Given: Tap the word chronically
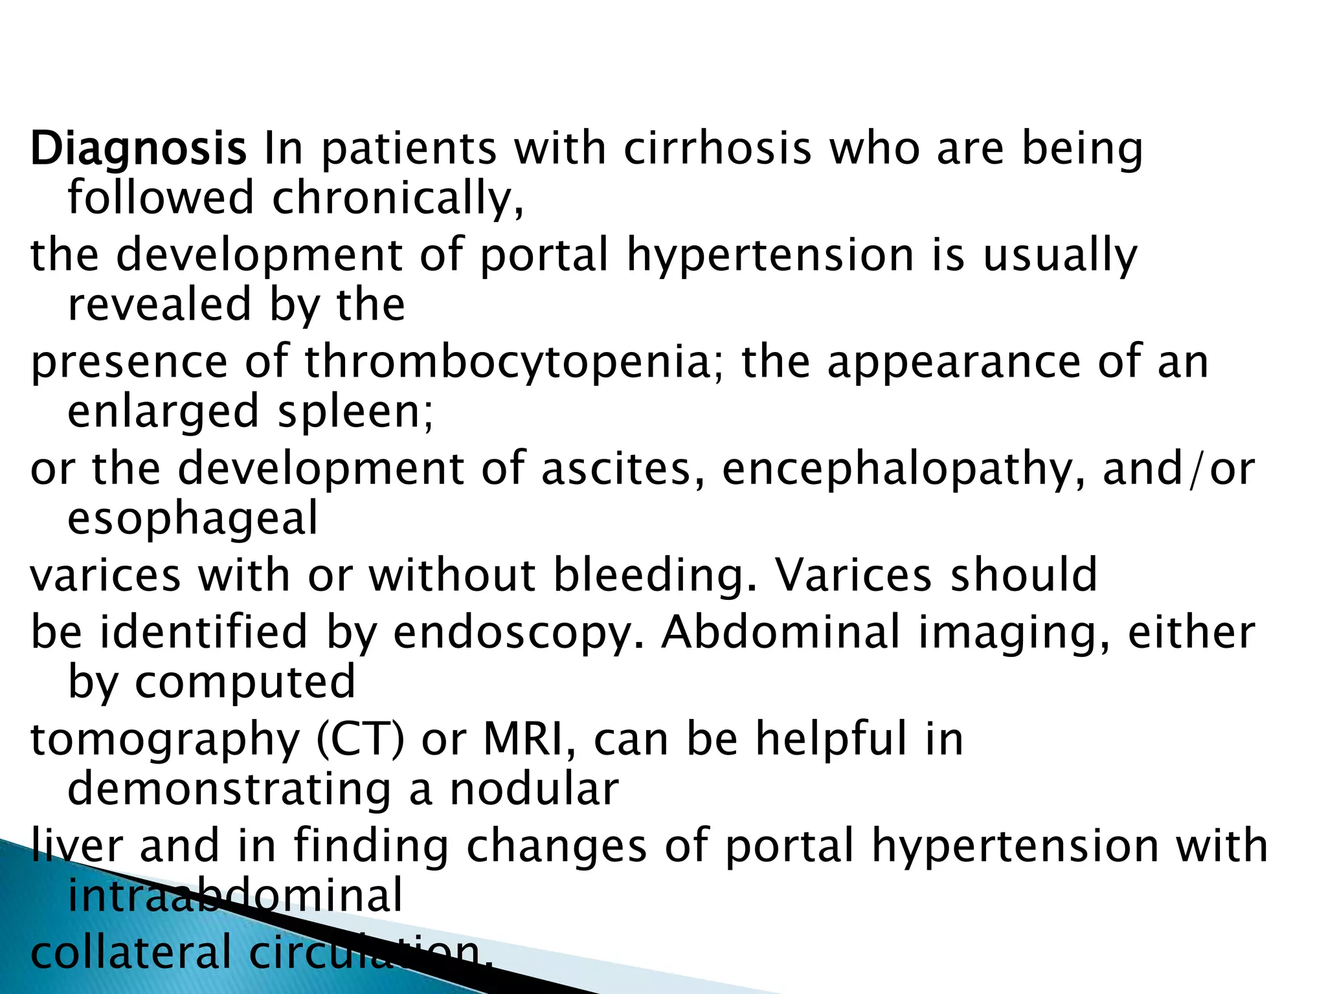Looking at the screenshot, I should point(397,198).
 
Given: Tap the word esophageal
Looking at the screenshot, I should point(193,519).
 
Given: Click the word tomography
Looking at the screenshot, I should point(165,740).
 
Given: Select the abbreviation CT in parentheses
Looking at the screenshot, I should point(361,739).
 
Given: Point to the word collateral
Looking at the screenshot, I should point(130,953).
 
